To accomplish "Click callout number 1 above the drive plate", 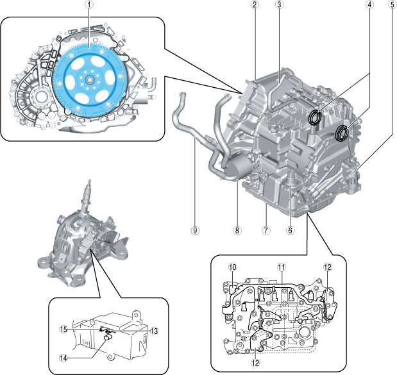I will click(89, 5).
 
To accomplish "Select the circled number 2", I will click(255, 5).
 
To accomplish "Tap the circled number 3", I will click(279, 5).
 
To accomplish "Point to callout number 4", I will click(370, 5).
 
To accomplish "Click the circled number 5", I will click(391, 5).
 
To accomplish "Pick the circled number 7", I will click(265, 229).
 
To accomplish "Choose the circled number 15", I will click(63, 330).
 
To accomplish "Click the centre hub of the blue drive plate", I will click(89, 79).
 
